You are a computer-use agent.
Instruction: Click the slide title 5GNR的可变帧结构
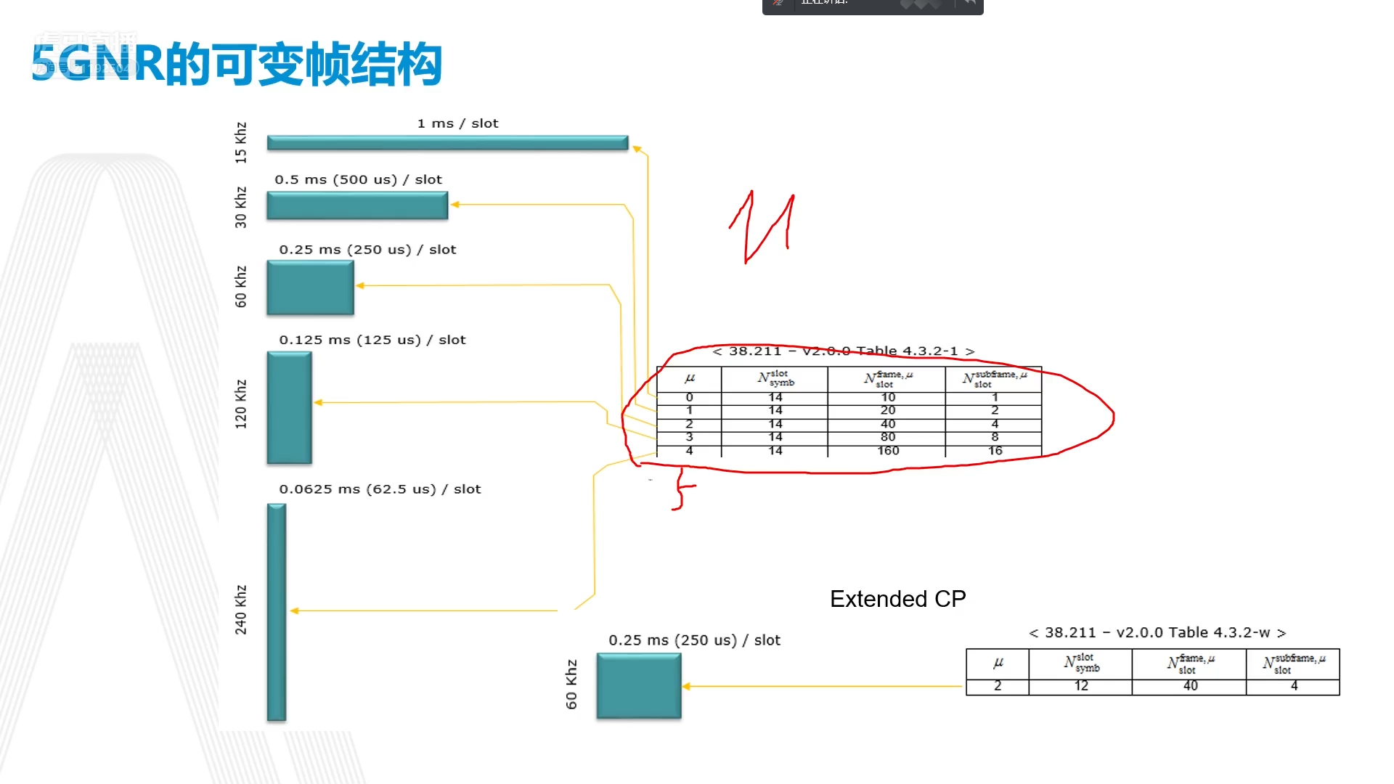tap(237, 64)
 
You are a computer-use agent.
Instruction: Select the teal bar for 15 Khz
tap(447, 143)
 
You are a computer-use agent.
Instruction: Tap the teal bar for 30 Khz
tap(357, 205)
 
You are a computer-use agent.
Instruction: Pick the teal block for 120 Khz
tap(289, 407)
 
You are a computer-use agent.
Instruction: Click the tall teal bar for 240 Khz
tap(277, 612)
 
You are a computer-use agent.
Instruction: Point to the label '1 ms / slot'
tap(457, 123)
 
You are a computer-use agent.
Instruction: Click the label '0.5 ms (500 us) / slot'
tap(358, 179)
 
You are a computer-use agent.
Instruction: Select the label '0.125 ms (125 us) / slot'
tap(372, 340)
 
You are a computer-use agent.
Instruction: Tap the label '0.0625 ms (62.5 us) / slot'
tap(380, 489)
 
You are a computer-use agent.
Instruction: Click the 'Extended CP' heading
tap(897, 599)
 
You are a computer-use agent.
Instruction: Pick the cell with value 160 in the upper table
tap(887, 451)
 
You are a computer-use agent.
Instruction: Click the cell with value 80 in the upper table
tap(887, 437)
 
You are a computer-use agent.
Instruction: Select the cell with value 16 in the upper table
tap(995, 451)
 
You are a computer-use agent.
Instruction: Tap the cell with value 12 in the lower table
tap(1080, 686)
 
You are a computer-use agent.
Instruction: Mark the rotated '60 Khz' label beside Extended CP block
tap(571, 684)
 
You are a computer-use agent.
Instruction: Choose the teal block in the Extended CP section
tap(639, 686)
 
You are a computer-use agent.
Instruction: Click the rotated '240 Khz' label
tap(241, 610)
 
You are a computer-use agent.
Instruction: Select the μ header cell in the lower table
tap(998, 663)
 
